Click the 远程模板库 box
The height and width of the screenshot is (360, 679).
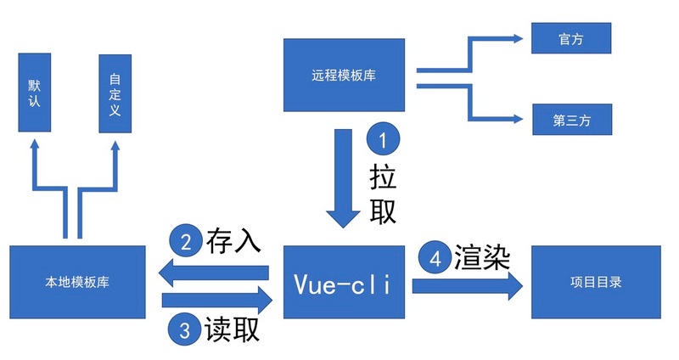(344, 74)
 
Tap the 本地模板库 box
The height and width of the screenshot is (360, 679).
(77, 283)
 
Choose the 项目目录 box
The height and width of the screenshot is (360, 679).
(595, 283)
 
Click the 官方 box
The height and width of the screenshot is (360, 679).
(571, 39)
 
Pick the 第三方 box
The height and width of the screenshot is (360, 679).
(571, 120)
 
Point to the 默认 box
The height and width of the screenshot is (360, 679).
(35, 93)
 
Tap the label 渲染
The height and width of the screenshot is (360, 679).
(481, 257)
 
